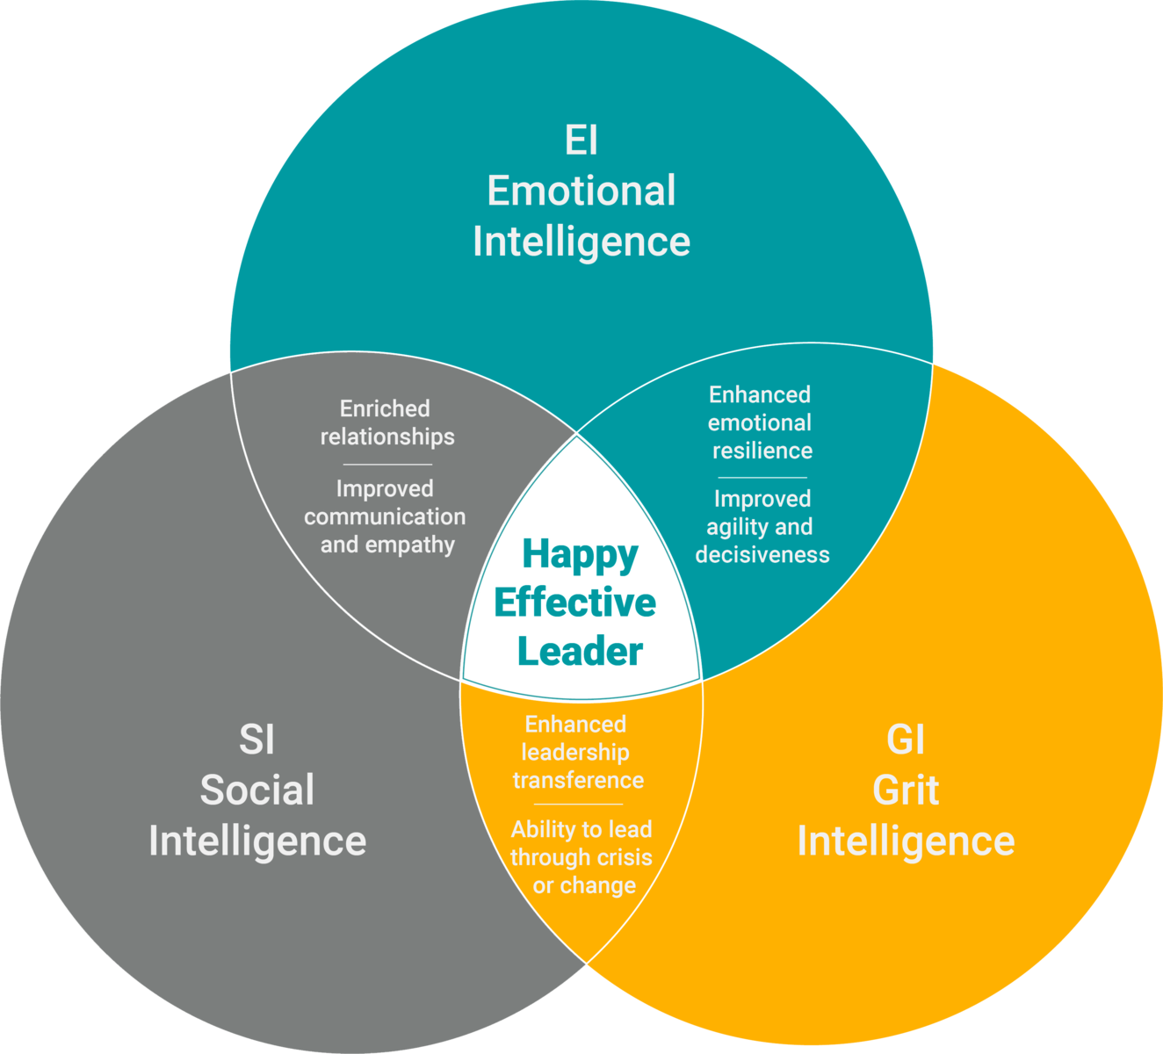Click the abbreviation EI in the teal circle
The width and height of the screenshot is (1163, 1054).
(x=581, y=140)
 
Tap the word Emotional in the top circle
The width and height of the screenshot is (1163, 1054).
(x=581, y=191)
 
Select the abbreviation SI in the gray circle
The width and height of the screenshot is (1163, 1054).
(x=256, y=740)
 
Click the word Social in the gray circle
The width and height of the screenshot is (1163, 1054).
(x=257, y=790)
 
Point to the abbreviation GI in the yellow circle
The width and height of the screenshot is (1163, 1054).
(x=906, y=740)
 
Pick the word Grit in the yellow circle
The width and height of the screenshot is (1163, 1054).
(x=906, y=790)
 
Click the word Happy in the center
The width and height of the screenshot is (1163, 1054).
(x=581, y=555)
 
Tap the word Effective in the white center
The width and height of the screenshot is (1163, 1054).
(x=575, y=603)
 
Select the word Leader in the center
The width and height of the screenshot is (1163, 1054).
(x=580, y=651)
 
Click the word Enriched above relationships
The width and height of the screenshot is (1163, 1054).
(x=385, y=408)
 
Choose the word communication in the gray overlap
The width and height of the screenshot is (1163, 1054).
(x=385, y=516)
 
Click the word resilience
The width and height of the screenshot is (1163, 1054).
(x=762, y=451)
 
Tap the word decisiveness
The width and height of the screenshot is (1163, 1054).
(x=762, y=555)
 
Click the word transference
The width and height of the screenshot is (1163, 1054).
(x=579, y=780)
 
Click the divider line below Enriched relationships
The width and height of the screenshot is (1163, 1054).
(x=387, y=465)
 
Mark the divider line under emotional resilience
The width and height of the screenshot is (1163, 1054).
(x=762, y=478)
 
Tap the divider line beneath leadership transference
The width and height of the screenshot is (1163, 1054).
(x=579, y=805)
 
